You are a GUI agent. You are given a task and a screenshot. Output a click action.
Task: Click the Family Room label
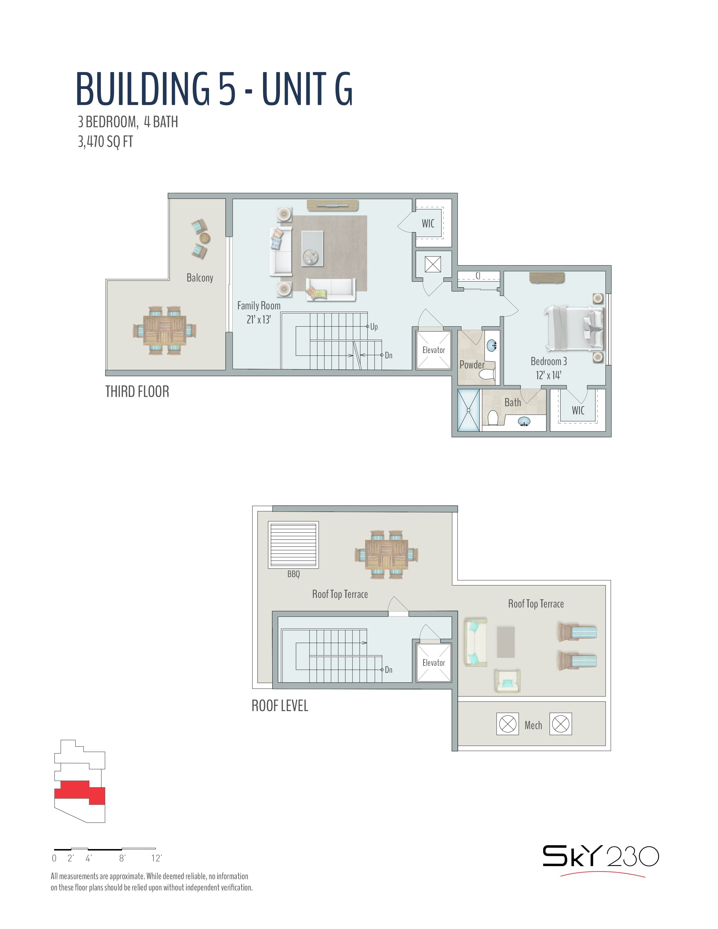tap(258, 305)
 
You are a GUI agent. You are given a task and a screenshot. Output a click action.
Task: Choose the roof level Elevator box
tap(433, 663)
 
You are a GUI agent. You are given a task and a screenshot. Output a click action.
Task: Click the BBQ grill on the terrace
tap(293, 544)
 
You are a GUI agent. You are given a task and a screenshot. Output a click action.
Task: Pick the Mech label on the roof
tap(533, 725)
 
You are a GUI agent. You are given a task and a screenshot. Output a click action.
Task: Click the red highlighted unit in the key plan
tap(79, 792)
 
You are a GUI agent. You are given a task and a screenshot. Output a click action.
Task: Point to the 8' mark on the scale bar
tap(122, 858)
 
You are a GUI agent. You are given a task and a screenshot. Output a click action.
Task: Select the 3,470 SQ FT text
tap(105, 141)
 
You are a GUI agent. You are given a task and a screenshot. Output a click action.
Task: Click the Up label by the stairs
tap(374, 327)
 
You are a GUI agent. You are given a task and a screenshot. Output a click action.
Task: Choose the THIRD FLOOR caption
tap(137, 391)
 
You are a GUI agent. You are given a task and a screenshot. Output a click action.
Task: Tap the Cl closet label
tap(478, 276)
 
